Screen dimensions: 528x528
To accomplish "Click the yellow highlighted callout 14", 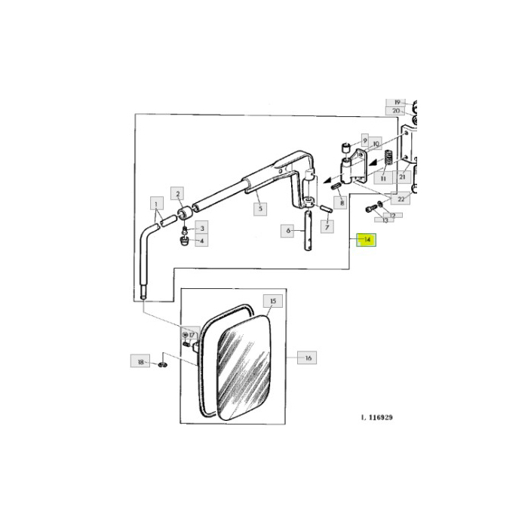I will [367, 240].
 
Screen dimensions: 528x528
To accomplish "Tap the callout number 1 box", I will [155, 204].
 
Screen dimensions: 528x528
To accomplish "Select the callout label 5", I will [259, 207].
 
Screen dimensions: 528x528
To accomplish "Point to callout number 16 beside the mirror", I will [308, 358].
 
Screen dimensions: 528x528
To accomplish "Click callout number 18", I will [140, 362].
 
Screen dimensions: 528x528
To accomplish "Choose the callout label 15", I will [272, 301].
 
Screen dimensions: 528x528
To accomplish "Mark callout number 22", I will [402, 199].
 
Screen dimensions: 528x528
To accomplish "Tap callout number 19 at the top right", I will [397, 102].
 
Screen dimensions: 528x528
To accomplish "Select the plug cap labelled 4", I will [183, 242].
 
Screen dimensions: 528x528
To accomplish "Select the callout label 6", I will [287, 231].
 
